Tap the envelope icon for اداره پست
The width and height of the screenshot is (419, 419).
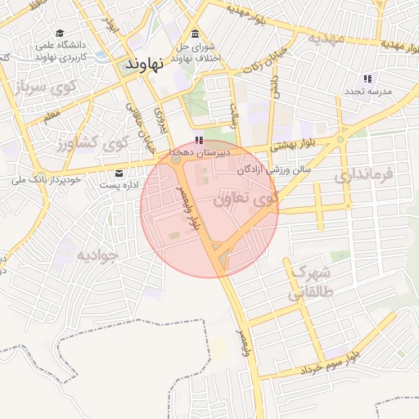(x=120, y=173)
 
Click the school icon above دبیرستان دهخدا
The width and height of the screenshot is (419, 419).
(x=199, y=140)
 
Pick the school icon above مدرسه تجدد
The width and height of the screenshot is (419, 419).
(x=367, y=79)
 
